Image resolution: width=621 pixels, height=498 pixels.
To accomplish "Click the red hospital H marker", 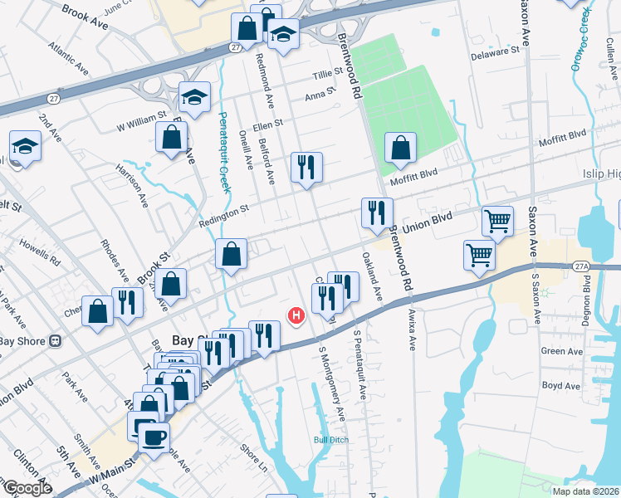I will click(x=295, y=315).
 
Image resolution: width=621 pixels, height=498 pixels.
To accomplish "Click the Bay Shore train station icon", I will click(x=56, y=340).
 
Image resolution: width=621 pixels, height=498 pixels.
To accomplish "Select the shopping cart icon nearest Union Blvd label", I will click(x=497, y=222).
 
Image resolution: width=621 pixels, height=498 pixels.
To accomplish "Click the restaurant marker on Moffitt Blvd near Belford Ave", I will click(x=306, y=168).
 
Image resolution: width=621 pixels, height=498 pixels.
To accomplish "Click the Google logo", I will click(x=27, y=488).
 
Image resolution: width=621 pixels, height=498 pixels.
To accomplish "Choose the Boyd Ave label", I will click(x=560, y=386).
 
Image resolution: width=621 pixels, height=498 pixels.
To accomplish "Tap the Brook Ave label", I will click(x=86, y=14).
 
